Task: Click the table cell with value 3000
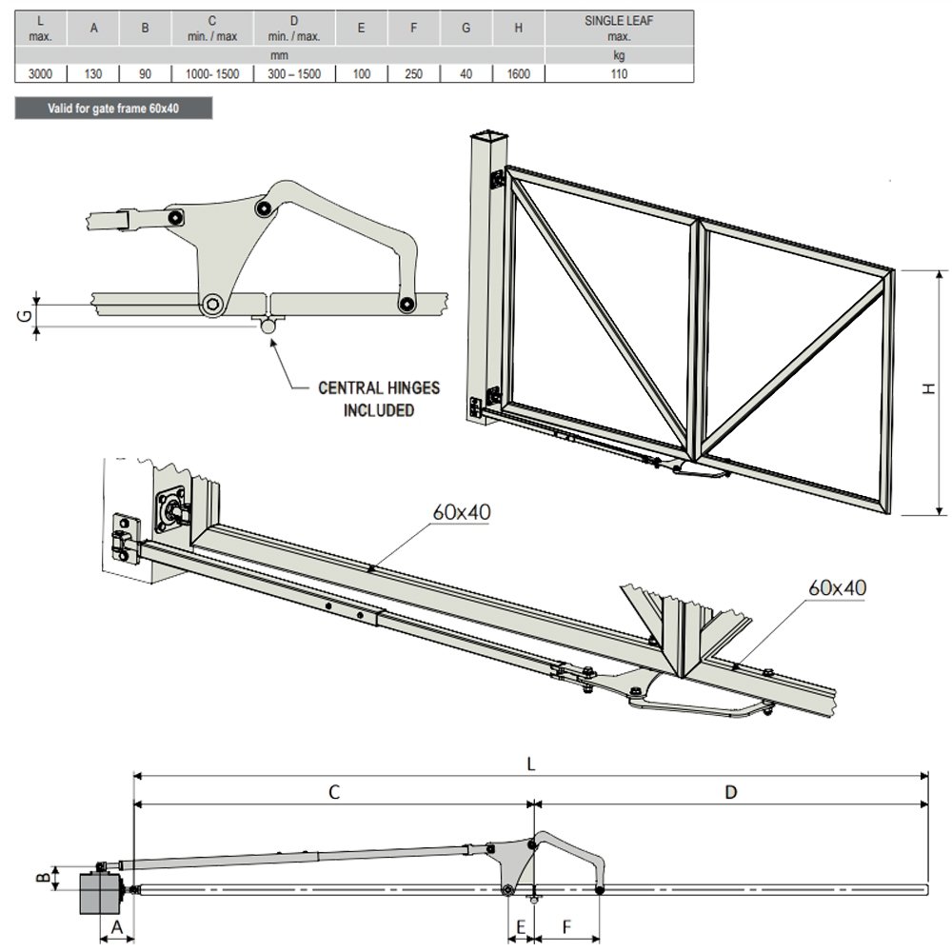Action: (41, 74)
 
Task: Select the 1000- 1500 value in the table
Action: (212, 74)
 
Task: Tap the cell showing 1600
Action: (518, 74)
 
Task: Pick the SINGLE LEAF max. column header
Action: (619, 28)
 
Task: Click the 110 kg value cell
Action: (619, 74)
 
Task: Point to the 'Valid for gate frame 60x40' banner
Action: (113, 109)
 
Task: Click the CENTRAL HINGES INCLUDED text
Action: (379, 399)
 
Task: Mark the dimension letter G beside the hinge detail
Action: (26, 316)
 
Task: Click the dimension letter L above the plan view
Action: (530, 764)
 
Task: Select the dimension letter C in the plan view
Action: (334, 792)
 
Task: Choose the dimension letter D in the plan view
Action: (731, 792)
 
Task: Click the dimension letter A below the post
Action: (117, 927)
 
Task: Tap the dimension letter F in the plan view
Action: (566, 927)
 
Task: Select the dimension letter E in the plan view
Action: (521, 927)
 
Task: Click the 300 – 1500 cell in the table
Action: (294, 74)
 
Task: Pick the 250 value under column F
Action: (413, 74)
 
